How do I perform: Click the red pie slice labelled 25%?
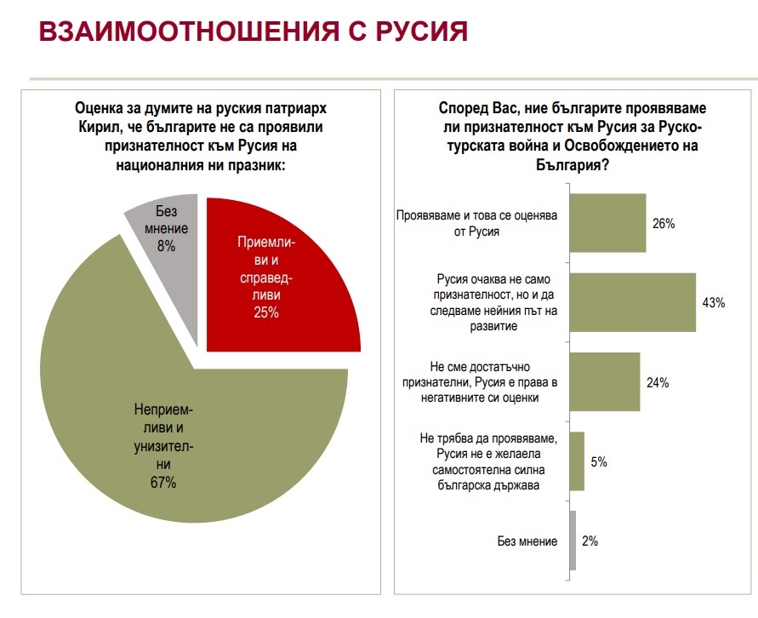tap(281, 272)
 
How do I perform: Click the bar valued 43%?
tap(631, 302)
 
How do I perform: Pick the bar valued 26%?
tap(606, 223)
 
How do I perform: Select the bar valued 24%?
tap(603, 382)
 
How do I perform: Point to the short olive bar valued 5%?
tap(576, 461)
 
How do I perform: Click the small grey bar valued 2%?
tap(572, 541)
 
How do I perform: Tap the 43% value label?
tap(713, 303)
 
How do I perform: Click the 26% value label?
tap(663, 224)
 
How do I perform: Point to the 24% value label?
tap(658, 383)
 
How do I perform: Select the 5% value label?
tap(599, 462)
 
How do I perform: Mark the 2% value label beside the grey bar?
tap(590, 541)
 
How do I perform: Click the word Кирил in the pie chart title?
tap(93, 127)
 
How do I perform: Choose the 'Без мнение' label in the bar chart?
tap(527, 541)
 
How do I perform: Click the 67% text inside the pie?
tap(163, 484)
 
